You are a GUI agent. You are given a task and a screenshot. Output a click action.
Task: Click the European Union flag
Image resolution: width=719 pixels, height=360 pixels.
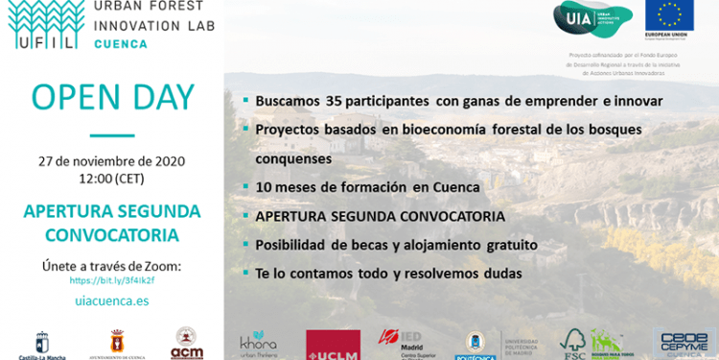pyautogui.click(x=670, y=16)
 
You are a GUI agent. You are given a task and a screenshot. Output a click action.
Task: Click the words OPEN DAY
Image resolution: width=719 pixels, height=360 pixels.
pyautogui.click(x=112, y=97)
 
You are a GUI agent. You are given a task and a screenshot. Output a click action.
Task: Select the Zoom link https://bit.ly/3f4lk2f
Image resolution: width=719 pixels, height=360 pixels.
pyautogui.click(x=112, y=280)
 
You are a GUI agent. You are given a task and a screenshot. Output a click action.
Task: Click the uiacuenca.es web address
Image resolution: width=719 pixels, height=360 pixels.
pyautogui.click(x=111, y=300)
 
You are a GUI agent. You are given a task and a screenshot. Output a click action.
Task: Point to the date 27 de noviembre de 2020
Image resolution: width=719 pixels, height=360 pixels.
pyautogui.click(x=111, y=160)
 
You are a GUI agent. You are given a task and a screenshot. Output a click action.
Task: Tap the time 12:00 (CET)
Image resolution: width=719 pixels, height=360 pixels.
pyautogui.click(x=112, y=179)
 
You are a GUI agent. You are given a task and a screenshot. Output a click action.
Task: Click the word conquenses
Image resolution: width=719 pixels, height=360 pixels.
pyautogui.click(x=293, y=157)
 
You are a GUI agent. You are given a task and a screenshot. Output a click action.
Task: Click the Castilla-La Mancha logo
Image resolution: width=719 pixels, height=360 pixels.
pyautogui.click(x=39, y=345)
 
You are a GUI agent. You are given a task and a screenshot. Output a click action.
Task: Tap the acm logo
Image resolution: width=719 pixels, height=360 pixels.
pyautogui.click(x=187, y=344)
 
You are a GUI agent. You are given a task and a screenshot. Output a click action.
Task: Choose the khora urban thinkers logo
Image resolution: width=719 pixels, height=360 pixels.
pyautogui.click(x=259, y=344)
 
